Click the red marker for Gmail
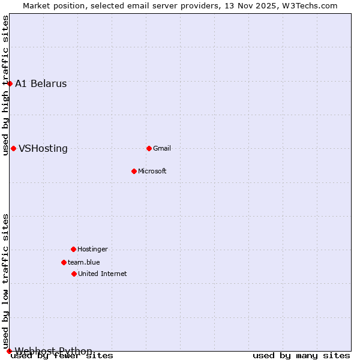click(149, 148)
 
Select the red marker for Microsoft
click(134, 171)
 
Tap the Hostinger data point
click(73, 249)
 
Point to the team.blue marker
click(64, 262)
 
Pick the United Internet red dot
click(74, 274)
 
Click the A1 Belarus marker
click(10, 83)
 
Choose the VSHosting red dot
click(13, 148)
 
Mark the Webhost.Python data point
click(9, 351)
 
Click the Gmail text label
click(162, 148)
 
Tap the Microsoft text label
click(152, 171)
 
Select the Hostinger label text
click(93, 249)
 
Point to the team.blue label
click(84, 262)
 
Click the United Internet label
click(103, 274)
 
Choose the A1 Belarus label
click(41, 83)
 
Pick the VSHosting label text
click(43, 148)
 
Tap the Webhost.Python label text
click(54, 351)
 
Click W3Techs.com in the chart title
click(310, 5)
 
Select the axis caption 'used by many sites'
click(301, 356)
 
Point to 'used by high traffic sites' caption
click(5, 85)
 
